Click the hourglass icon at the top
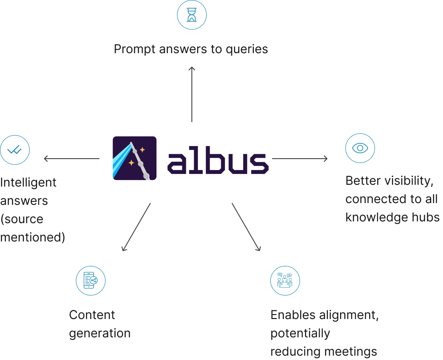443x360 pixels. click(x=192, y=15)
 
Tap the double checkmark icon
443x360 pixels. click(x=15, y=150)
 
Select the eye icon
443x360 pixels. click(x=360, y=148)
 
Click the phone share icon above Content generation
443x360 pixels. click(x=90, y=281)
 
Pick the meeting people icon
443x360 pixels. click(x=285, y=281)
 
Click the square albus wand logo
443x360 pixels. click(x=134, y=158)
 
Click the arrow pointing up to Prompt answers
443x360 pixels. click(x=192, y=94)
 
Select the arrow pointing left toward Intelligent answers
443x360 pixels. click(x=72, y=159)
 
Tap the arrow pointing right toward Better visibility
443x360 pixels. click(x=300, y=159)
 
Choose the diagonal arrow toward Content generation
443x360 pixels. click(x=136, y=227)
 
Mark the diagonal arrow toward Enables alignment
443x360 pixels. click(x=246, y=227)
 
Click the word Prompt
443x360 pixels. click(x=134, y=49)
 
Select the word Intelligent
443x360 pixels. click(x=28, y=183)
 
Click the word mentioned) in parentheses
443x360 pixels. click(x=33, y=237)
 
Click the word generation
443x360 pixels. click(x=100, y=333)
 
